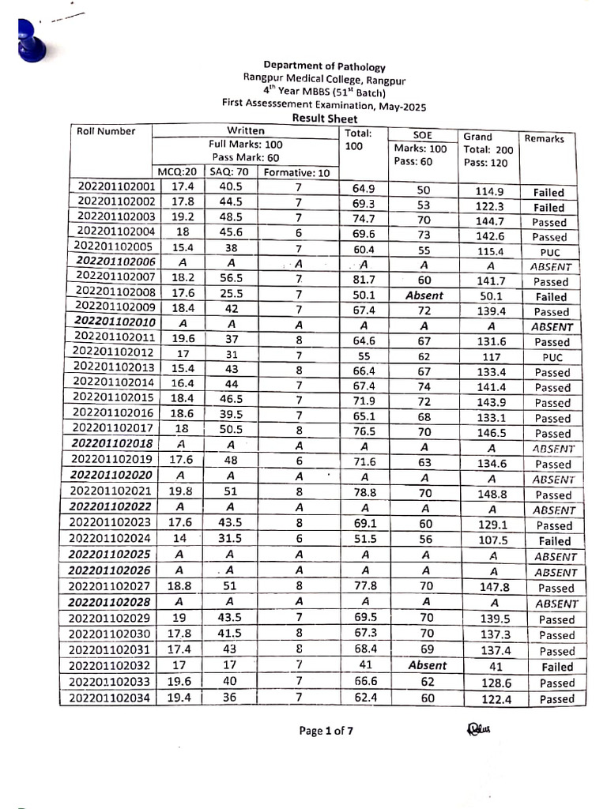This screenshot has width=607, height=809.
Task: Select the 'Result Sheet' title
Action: (x=325, y=118)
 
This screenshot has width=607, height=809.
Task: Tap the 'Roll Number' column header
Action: (x=106, y=132)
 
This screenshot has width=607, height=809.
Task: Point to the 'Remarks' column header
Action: (x=545, y=138)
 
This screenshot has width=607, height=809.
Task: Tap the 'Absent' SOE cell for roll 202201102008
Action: (x=425, y=296)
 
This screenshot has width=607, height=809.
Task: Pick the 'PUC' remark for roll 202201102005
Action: (x=550, y=251)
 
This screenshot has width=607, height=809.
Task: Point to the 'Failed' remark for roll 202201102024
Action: (x=552, y=541)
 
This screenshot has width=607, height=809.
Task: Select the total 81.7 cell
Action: (x=364, y=281)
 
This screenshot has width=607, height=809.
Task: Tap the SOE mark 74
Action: (x=425, y=387)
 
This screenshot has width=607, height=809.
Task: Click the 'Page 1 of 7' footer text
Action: (x=326, y=731)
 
